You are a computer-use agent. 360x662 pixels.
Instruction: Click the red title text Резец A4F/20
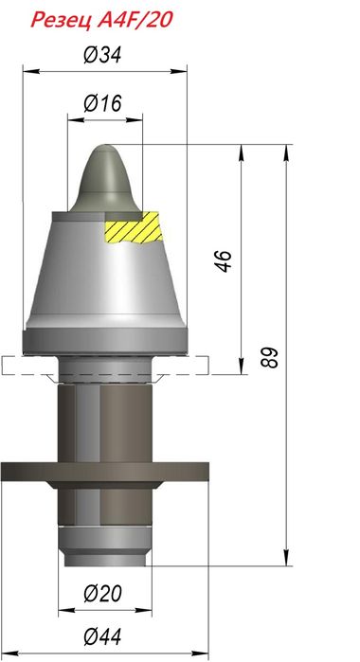[101, 20]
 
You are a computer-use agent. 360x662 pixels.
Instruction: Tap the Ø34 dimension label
[102, 55]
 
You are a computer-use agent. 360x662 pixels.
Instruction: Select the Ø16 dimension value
[102, 103]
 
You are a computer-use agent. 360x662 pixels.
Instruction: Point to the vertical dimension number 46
[224, 260]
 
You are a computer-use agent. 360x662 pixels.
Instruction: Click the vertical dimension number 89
[269, 357]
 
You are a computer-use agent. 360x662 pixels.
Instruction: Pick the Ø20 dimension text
[102, 593]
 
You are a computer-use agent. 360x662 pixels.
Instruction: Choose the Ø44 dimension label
[102, 636]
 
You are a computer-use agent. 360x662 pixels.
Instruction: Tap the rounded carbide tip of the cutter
[104, 178]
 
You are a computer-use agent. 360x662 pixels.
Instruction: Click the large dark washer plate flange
[105, 472]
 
